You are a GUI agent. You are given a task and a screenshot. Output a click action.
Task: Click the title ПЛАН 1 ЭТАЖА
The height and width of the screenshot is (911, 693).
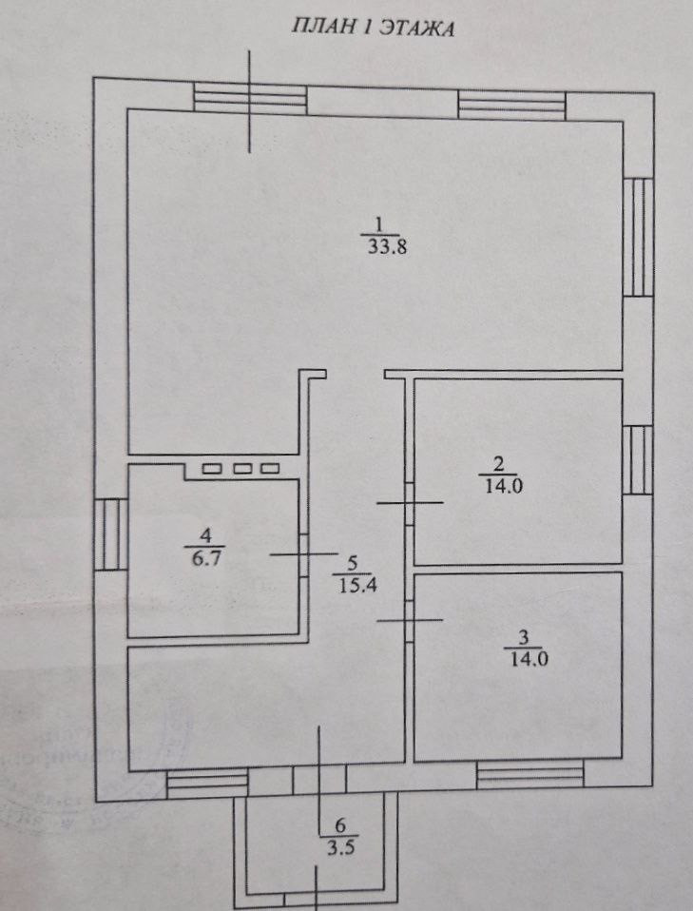coord(373,28)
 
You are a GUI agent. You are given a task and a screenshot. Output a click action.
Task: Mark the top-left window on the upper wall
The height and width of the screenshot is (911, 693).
coord(250,98)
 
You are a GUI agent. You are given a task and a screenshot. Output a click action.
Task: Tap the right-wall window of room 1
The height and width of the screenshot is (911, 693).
coord(639,237)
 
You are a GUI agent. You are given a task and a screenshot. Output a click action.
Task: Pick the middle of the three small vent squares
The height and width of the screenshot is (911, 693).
coord(242,468)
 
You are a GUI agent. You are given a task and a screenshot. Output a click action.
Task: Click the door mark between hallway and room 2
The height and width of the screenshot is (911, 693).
coord(410,502)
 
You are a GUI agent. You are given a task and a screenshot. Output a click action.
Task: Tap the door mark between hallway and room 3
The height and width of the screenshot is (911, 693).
coord(410,620)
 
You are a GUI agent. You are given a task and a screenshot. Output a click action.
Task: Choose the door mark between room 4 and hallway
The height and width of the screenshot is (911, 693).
coord(303,553)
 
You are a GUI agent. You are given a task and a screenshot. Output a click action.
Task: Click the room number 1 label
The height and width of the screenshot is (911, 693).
coord(378,225)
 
